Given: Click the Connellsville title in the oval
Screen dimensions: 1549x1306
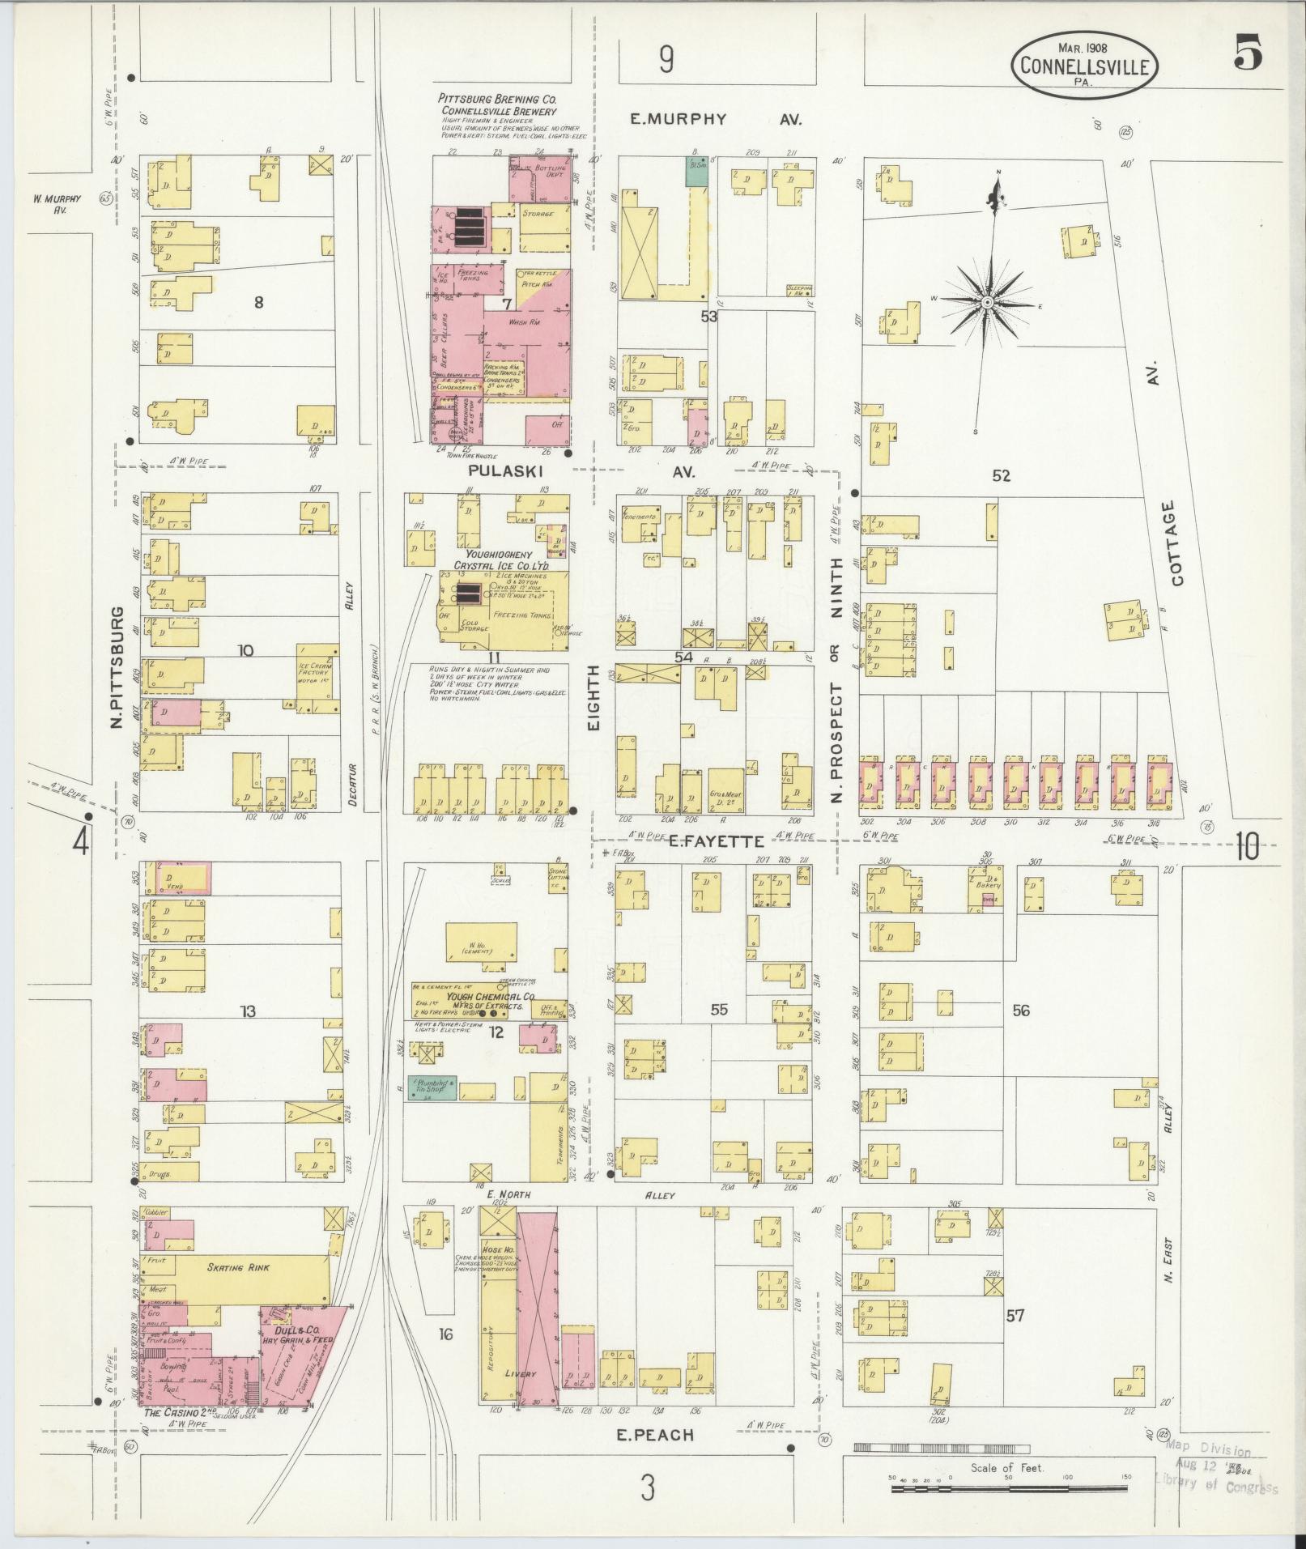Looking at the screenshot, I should coord(1083,67).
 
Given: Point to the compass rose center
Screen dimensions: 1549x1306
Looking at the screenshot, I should coord(988,302).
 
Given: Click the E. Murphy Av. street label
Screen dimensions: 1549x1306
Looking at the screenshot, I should coord(717,119).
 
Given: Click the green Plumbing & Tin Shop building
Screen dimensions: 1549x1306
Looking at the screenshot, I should coord(432,1087).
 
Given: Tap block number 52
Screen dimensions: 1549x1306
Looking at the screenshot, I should coord(1002,476).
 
